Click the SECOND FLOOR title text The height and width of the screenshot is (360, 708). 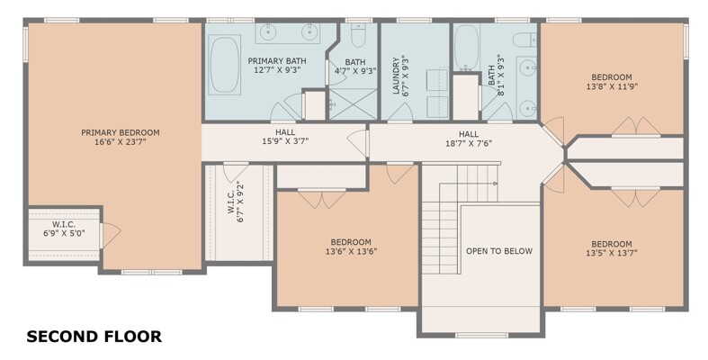pyautogui.click(x=94, y=337)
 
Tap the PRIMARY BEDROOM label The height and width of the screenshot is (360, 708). pyautogui.click(x=121, y=133)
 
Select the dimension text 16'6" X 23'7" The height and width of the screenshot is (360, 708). pyautogui.click(x=121, y=142)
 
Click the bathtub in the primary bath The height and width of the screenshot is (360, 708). pyautogui.click(x=225, y=65)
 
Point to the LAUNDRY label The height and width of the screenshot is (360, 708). pyautogui.click(x=396, y=75)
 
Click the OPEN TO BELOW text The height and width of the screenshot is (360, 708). pyautogui.click(x=499, y=251)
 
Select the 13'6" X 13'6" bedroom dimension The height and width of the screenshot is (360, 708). pyautogui.click(x=351, y=252)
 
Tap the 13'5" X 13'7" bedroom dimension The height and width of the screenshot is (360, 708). pyautogui.click(x=612, y=254)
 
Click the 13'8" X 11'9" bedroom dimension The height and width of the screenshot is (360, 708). pyautogui.click(x=612, y=86)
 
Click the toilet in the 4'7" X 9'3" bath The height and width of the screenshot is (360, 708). pyautogui.click(x=358, y=35)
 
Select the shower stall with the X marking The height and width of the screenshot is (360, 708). pyautogui.click(x=353, y=104)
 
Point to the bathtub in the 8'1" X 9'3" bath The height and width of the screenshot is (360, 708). pyautogui.click(x=466, y=48)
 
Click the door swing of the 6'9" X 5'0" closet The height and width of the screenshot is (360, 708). pyautogui.click(x=111, y=235)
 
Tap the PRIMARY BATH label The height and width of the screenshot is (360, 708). pyautogui.click(x=277, y=61)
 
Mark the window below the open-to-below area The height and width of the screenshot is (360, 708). pyautogui.click(x=481, y=335)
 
